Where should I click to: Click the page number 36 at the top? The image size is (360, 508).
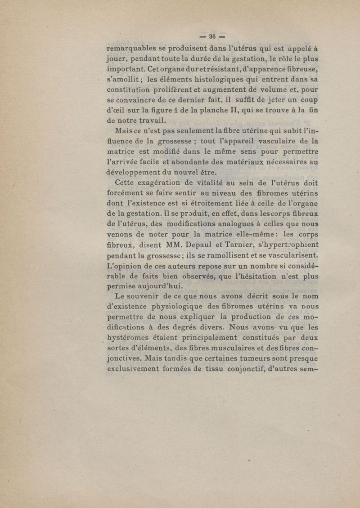pyautogui.click(x=212, y=36)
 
